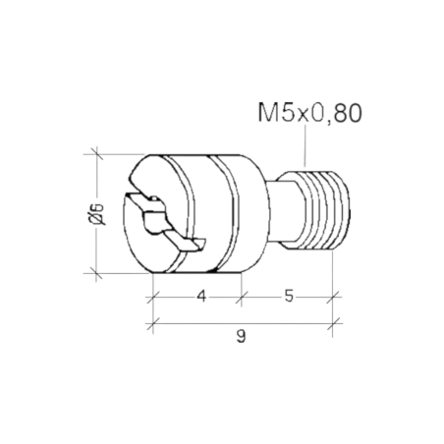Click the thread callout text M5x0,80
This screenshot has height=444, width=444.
click(309, 113)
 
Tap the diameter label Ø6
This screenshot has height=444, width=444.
click(96, 214)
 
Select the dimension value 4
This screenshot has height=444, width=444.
click(201, 297)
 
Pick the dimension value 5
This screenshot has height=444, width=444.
click(289, 297)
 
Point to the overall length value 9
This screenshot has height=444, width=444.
click(241, 336)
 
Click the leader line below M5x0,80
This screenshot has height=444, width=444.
click(305, 145)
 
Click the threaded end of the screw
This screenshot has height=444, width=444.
click(324, 210)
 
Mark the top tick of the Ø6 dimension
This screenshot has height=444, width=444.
click(96, 154)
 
